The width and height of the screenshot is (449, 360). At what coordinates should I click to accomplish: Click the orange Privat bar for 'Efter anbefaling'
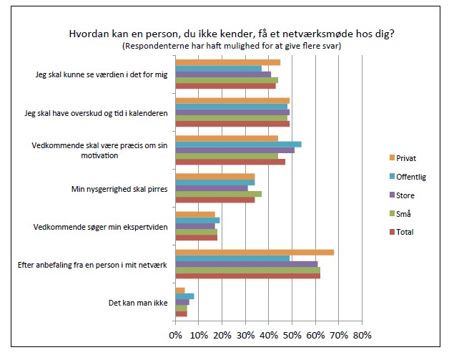point(254,252)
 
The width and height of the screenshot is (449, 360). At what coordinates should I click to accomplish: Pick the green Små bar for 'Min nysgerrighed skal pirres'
point(218,193)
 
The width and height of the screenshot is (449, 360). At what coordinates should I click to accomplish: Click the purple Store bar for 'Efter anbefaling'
point(246,264)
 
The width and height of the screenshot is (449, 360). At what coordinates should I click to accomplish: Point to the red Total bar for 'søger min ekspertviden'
point(196,238)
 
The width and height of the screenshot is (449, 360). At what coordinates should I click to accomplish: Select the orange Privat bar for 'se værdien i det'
point(227,62)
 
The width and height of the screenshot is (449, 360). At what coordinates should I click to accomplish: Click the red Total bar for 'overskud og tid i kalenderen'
point(232,124)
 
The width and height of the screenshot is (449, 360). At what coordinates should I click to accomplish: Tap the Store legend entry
point(405,195)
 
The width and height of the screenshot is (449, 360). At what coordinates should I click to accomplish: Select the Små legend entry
point(404,213)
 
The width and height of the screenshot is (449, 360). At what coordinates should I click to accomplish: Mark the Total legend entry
point(405,232)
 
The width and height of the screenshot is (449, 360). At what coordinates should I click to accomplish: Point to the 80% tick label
point(362,335)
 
